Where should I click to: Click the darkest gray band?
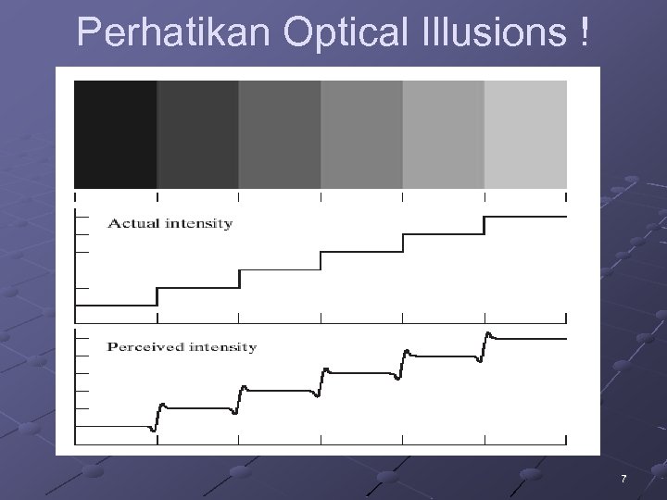pos(115,134)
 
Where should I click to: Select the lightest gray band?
pos(525,134)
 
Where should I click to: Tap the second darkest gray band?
pos(197,134)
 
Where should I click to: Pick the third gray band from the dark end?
pos(280,134)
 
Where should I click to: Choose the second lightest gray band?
pos(443,134)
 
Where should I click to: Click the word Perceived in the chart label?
pos(144,347)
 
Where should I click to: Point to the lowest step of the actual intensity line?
pos(116,305)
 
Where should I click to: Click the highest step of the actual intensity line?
pos(525,216)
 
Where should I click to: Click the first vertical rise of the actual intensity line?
pos(157,296)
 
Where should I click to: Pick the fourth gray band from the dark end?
pos(361,134)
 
